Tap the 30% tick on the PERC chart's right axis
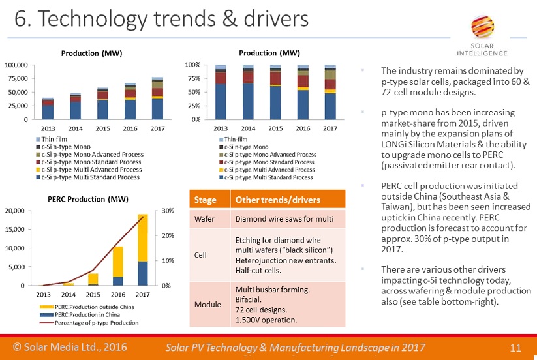168,211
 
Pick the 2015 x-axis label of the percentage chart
275,128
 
